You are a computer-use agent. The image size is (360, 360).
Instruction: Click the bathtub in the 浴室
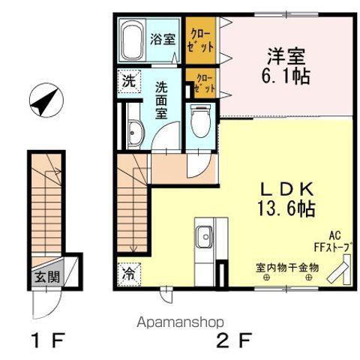tap(131, 40)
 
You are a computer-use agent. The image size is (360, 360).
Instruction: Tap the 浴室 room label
tap(163, 39)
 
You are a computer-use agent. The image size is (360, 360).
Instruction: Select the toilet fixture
tap(200, 121)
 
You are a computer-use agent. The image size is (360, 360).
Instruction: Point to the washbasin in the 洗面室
tap(135, 133)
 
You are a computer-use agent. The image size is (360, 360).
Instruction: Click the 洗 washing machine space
tap(129, 82)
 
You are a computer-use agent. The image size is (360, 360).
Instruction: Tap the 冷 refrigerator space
tap(129, 274)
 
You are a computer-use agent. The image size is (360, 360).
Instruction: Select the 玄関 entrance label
tap(47, 277)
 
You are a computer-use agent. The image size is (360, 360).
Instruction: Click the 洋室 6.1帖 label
tap(286, 66)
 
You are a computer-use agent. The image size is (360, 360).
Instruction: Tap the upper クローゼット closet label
tap(201, 40)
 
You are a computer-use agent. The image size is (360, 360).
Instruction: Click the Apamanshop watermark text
tap(180, 322)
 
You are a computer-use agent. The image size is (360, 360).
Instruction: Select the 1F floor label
tap(49, 340)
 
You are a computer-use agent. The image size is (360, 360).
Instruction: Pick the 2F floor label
tap(234, 340)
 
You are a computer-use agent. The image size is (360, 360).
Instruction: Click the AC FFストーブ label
tap(334, 241)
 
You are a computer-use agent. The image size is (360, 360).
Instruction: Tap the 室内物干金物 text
tap(287, 268)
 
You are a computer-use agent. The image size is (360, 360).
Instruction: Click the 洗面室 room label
tap(161, 100)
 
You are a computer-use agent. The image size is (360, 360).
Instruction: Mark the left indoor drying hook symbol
tap(267, 277)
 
